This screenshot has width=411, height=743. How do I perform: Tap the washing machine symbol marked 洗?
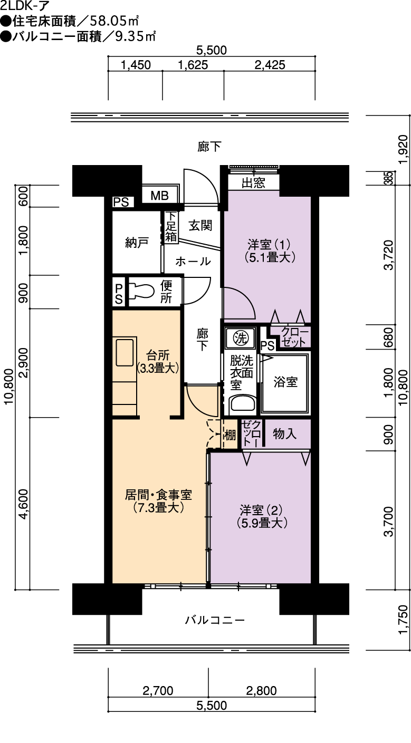pyautogui.click(x=241, y=338)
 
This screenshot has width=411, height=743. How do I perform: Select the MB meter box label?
pyautogui.click(x=159, y=196)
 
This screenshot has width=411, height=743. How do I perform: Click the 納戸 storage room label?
pyautogui.click(x=137, y=243)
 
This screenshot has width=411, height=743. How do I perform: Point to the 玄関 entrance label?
pyautogui.click(x=200, y=226)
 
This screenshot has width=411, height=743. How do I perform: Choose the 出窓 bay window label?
pyautogui.click(x=253, y=183)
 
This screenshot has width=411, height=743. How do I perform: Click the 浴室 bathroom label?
pyautogui.click(x=285, y=382)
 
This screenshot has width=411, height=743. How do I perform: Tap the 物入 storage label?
pyautogui.click(x=284, y=433)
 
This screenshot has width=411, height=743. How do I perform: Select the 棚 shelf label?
pyautogui.click(x=230, y=435)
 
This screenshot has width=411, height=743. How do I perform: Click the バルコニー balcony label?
pyautogui.click(x=215, y=620)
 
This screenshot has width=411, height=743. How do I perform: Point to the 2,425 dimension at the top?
pyautogui.click(x=270, y=65)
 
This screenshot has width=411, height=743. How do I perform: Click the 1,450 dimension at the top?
pyautogui.click(x=136, y=65)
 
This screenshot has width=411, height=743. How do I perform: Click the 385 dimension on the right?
pyautogui.click(x=390, y=178)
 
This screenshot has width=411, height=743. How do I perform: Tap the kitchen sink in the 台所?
pyautogui.click(x=125, y=352)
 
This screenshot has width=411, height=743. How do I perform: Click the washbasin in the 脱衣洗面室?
pyautogui.click(x=243, y=404)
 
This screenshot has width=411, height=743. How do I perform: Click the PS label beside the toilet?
pyautogui.click(x=119, y=294)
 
